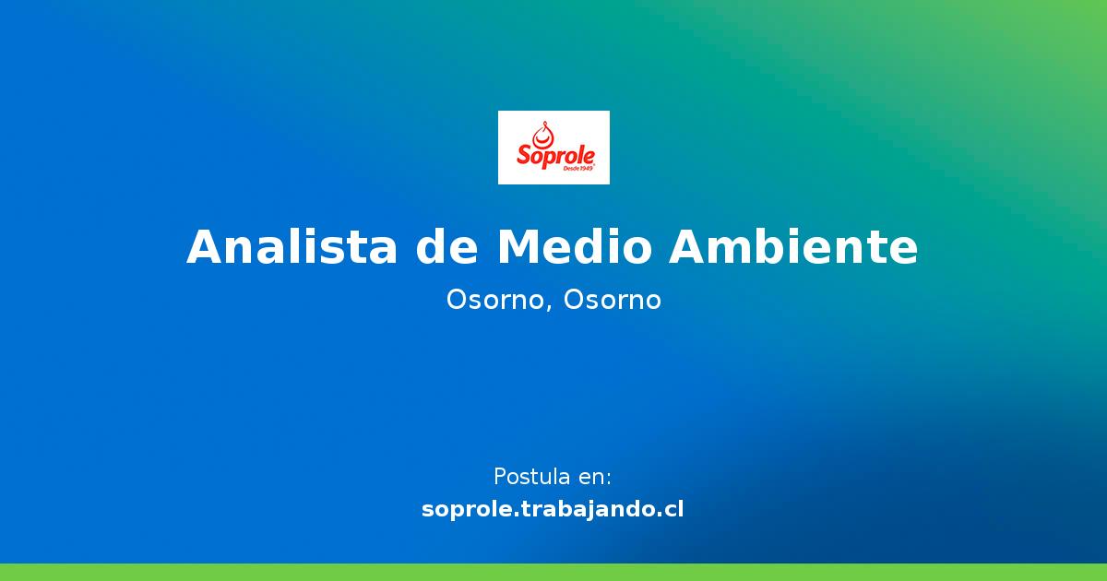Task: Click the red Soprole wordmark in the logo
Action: [x=554, y=155]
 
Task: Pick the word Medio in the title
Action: [x=576, y=247]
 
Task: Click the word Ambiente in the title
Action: [x=793, y=247]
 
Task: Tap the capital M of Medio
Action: [x=518, y=247]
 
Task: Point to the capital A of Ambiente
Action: [x=689, y=247]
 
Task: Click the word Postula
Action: [x=531, y=478]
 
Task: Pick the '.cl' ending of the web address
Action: [x=671, y=509]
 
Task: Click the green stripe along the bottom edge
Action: [x=553, y=572]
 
